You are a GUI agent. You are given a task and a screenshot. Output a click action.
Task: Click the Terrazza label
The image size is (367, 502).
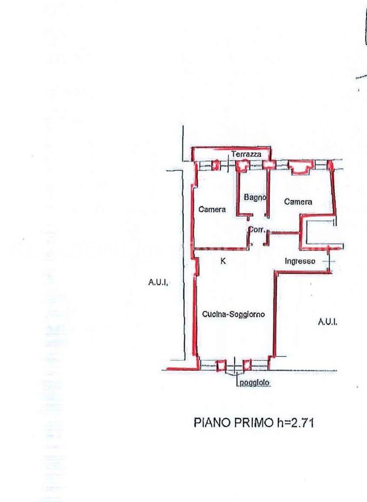[x=246, y=154]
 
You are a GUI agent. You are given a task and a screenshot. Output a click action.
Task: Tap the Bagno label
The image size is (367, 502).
[x=255, y=197]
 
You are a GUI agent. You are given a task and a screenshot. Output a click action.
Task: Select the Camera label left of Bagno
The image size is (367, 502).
[x=212, y=209]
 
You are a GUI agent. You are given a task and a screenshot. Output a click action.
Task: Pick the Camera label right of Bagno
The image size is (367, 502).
[x=298, y=201]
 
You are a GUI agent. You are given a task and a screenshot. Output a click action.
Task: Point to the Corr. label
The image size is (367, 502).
[x=257, y=229]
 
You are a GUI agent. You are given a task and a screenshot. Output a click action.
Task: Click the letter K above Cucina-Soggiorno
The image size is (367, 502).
[x=223, y=261]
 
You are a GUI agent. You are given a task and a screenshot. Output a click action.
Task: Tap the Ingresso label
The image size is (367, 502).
[x=300, y=261]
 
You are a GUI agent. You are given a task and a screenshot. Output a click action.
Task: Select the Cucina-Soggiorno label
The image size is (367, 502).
[x=234, y=314]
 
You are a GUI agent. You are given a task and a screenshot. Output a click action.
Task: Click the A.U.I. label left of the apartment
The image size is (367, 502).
[x=158, y=282]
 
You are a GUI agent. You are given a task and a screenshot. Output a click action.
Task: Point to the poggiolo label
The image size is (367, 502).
[x=254, y=382]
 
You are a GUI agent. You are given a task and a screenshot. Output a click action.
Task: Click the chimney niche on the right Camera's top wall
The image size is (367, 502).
[x=300, y=168]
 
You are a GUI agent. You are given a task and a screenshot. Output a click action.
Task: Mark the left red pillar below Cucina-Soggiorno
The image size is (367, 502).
[x=221, y=365]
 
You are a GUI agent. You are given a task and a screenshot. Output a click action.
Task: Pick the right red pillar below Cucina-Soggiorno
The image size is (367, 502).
[x=247, y=365]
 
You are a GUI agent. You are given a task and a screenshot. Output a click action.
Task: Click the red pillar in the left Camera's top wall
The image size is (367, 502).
[x=216, y=165]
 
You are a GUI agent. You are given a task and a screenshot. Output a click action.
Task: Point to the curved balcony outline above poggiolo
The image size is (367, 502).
[x=235, y=373]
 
